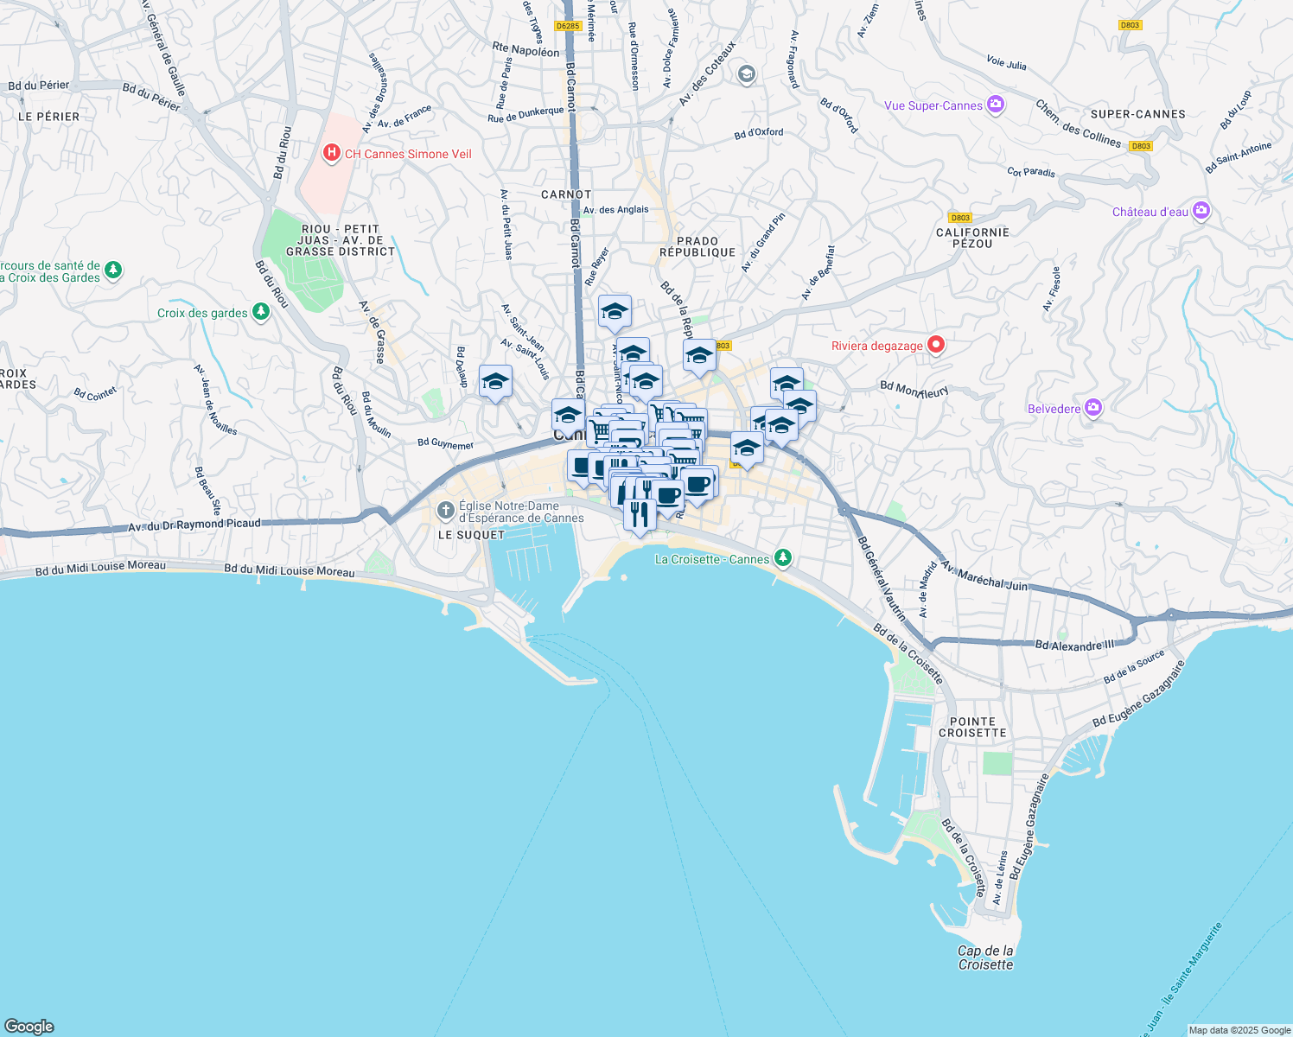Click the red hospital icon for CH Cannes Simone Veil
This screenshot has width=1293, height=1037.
coord(331,154)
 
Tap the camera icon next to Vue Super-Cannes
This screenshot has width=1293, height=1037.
coord(996,105)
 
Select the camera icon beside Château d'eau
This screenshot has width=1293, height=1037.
coord(1201,211)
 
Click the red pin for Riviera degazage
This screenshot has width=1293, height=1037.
coord(935,346)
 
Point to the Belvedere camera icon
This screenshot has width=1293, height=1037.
coord(1093,408)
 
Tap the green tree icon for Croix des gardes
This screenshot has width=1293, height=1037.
coord(260,313)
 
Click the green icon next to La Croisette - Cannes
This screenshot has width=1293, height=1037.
coord(782,558)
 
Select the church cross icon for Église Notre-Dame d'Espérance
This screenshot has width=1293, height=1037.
coord(445,511)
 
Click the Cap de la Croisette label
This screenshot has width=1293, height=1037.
coord(985,957)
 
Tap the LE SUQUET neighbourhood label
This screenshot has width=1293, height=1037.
coord(471,535)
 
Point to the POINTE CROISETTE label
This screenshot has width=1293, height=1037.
coord(972,727)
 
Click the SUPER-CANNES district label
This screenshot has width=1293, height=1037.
coord(1137,114)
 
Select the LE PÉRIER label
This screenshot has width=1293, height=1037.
coord(48,117)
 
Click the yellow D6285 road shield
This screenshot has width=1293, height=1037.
coord(568,26)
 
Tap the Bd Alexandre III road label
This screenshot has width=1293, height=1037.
coord(1074,645)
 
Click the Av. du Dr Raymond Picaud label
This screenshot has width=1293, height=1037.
coord(194,525)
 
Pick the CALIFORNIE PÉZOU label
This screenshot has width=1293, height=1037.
coord(972,238)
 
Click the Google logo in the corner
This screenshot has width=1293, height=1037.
coord(29,1026)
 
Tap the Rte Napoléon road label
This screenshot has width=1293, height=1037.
coord(525,49)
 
